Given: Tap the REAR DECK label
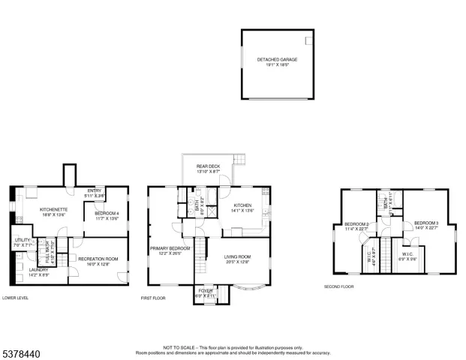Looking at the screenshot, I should pyautogui.click(x=208, y=166).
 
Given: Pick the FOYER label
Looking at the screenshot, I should pyautogui.click(x=205, y=291).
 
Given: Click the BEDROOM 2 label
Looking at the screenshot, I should pyautogui.click(x=356, y=224).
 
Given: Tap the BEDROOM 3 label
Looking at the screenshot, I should pyautogui.click(x=425, y=223).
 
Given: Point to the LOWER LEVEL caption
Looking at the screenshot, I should pyautogui.click(x=17, y=298).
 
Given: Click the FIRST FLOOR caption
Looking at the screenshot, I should pyautogui.click(x=154, y=298).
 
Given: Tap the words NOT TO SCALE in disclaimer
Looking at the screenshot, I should pyautogui.click(x=179, y=347).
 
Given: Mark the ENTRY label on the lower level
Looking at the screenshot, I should pyautogui.click(x=94, y=190).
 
